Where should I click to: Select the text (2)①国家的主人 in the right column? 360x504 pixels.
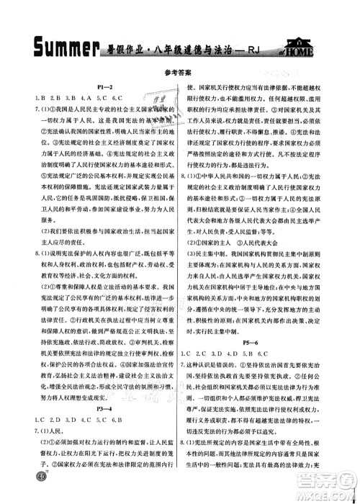tap(229, 243)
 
